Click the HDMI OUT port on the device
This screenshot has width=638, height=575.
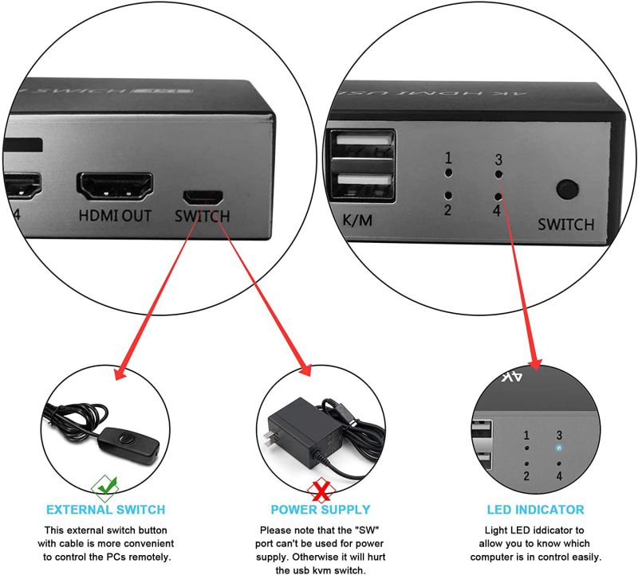point(115,186)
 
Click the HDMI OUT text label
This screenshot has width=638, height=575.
point(115,215)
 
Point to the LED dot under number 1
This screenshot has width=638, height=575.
point(449,171)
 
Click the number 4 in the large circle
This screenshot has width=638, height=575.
point(498,212)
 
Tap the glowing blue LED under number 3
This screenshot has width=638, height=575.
point(560,448)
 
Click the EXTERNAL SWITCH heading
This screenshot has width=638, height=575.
point(106,510)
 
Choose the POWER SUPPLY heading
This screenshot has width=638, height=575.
point(321,510)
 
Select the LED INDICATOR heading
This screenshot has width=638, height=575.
point(535,510)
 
